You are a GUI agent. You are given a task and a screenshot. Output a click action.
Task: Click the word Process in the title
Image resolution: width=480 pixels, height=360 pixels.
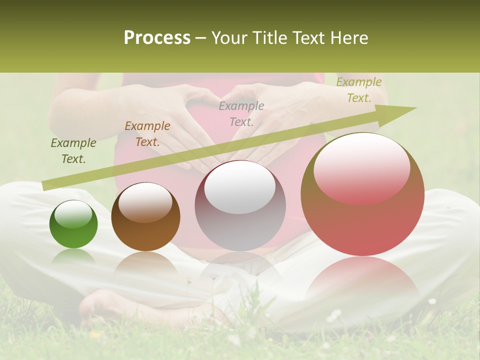(x=157, y=38)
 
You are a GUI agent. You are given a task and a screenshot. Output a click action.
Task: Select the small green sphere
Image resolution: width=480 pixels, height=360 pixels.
(x=73, y=225)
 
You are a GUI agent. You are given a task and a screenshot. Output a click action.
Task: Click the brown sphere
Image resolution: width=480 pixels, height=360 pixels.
(x=145, y=217)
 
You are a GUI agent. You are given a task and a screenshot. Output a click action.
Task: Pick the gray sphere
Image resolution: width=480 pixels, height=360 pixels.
(x=240, y=206)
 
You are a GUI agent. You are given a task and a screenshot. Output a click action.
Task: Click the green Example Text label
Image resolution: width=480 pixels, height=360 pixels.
(x=73, y=151)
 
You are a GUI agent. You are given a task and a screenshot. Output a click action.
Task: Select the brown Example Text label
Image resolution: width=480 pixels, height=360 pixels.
(x=147, y=134)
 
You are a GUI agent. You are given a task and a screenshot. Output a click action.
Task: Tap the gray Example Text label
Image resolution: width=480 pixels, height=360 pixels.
(x=241, y=113)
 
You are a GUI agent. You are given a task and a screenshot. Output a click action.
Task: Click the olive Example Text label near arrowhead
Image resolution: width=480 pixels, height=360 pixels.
(x=358, y=90)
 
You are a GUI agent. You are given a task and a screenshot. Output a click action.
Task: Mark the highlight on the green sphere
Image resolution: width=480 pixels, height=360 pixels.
(x=73, y=214)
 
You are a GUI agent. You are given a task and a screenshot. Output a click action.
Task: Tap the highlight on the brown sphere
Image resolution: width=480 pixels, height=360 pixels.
(x=145, y=201)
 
